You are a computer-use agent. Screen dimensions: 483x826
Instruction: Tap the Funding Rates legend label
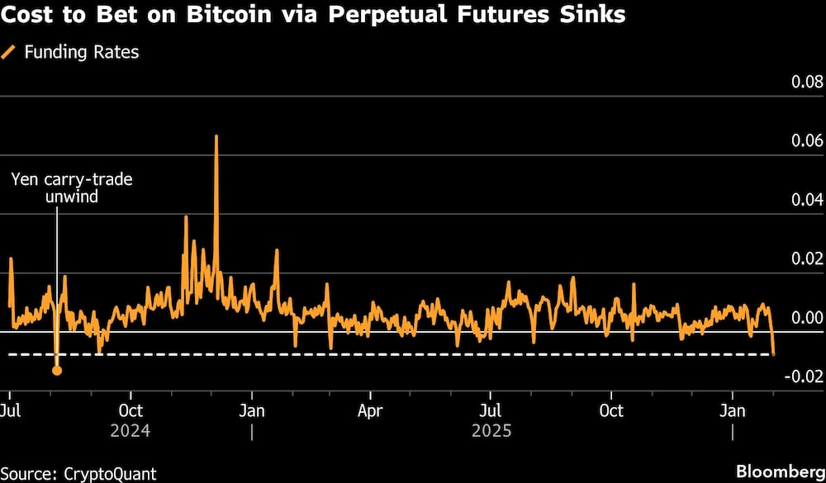coord(81,52)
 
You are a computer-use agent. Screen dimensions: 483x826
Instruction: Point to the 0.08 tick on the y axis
coord(806,82)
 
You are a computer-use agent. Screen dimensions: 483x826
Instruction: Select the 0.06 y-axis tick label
coord(806,140)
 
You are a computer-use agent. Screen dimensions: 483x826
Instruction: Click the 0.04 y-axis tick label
coord(806,200)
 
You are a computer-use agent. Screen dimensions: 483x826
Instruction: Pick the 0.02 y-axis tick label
coord(806,258)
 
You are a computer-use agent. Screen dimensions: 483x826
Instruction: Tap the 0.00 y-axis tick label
coord(806,318)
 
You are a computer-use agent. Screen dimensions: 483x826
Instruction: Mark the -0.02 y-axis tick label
coord(804,376)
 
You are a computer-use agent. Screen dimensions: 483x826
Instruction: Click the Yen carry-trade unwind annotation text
coord(71,187)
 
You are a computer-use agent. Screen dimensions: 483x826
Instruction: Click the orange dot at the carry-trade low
coord(57,370)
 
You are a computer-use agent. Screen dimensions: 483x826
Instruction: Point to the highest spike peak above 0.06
coord(216,136)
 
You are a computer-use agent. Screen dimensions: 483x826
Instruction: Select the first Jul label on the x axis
coord(11,411)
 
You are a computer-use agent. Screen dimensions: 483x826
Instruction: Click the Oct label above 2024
coord(131,411)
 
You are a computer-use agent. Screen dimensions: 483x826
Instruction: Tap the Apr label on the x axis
coord(371,411)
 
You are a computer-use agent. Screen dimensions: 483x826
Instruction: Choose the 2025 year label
coord(491,431)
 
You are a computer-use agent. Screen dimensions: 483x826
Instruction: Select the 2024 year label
coord(131,431)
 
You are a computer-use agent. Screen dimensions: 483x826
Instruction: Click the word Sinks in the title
coord(591,15)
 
